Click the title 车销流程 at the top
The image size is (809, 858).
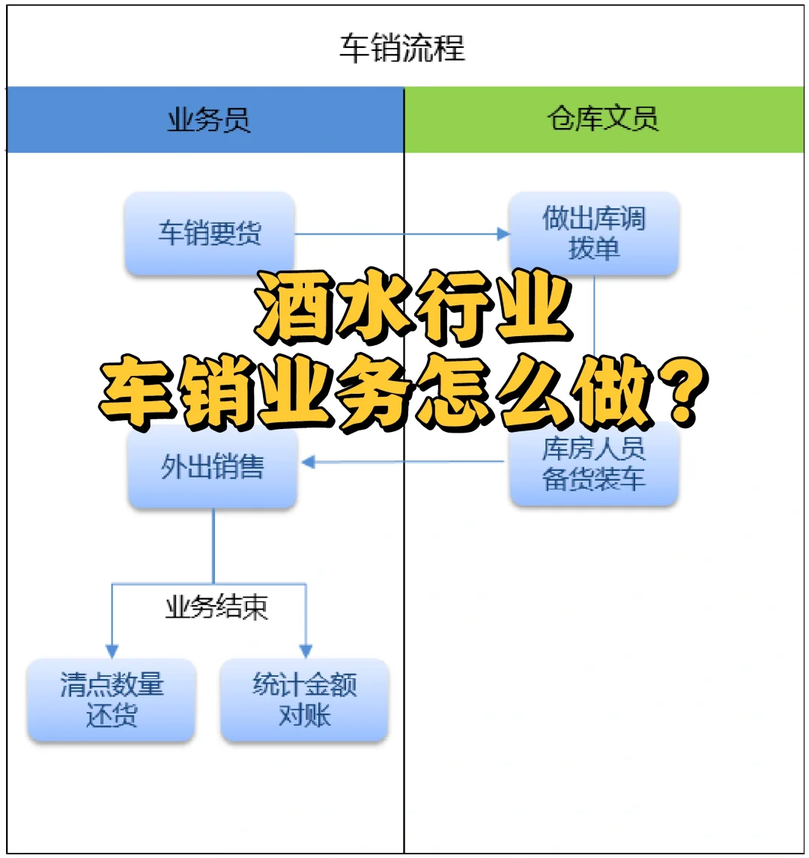(x=402, y=49)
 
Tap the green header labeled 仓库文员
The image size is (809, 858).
(x=604, y=120)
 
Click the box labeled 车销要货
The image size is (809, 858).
(x=210, y=233)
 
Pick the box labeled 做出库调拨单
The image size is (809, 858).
(x=594, y=233)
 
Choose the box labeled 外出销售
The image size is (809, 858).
(x=213, y=467)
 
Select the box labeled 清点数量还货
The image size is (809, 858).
(x=112, y=701)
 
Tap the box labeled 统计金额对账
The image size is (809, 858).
(x=304, y=701)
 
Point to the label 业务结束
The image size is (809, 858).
(x=216, y=608)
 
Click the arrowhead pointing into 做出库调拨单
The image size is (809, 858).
(x=503, y=234)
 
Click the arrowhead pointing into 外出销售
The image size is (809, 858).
(x=307, y=463)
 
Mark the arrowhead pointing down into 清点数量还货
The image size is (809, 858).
(x=112, y=651)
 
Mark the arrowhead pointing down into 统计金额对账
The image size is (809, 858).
(x=306, y=651)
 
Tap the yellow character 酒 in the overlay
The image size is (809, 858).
(x=294, y=310)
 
